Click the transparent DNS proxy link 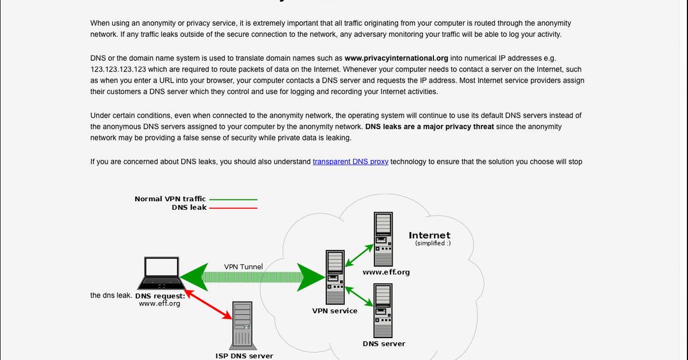[350, 162]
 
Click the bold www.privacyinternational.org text [396, 58]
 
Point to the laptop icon [161, 273]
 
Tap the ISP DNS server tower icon [243, 326]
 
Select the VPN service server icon [335, 277]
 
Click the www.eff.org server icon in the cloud [384, 239]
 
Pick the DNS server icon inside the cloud [383, 311]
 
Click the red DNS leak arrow [208, 304]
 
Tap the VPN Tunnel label [243, 267]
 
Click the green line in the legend [233, 199]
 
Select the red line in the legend [233, 208]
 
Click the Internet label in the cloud [429, 235]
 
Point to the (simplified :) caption [433, 243]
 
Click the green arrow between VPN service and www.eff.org [359, 255]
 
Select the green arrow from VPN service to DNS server [359, 296]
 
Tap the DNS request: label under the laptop [160, 296]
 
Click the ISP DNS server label [244, 355]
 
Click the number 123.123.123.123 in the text [118, 69]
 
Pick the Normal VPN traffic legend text [170, 199]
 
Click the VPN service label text [335, 311]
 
